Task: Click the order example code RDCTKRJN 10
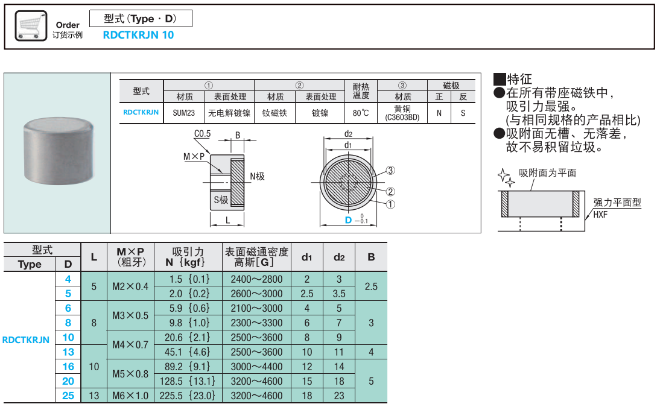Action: click(x=138, y=35)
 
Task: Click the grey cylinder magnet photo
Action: click(x=59, y=153)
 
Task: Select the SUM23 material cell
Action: click(x=183, y=113)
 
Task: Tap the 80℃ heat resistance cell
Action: click(x=361, y=113)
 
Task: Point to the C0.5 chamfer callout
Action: click(x=202, y=134)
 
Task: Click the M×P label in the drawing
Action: click(x=194, y=156)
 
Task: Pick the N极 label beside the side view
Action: click(x=257, y=177)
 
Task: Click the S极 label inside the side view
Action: click(x=221, y=199)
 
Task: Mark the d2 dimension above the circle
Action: click(x=349, y=133)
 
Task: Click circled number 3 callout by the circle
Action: click(x=390, y=171)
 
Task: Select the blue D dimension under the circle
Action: click(x=348, y=220)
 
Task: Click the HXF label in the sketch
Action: click(x=600, y=214)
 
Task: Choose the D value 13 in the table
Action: click(x=68, y=352)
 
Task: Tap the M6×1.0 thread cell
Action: click(x=130, y=396)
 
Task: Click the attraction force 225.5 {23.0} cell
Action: click(x=188, y=396)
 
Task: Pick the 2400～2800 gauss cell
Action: click(x=256, y=279)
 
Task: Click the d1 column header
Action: click(x=306, y=257)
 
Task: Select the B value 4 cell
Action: click(x=371, y=352)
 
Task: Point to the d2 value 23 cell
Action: click(x=339, y=396)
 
